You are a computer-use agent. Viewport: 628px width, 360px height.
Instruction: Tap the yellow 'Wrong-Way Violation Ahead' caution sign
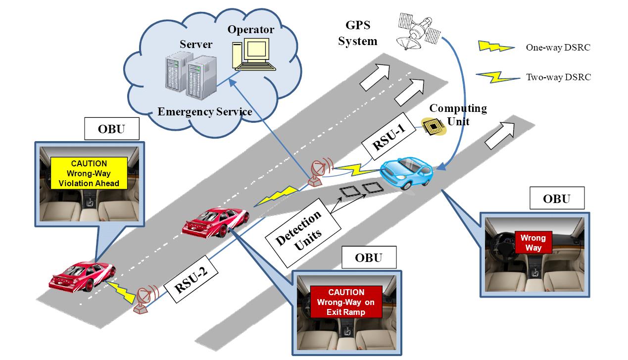click(x=89, y=173)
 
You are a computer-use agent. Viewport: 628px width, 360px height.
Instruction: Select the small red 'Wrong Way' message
click(x=532, y=243)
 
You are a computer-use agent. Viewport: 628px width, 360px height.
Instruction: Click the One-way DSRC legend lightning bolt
click(x=496, y=47)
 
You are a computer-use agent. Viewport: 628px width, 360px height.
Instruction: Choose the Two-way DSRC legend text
click(x=558, y=77)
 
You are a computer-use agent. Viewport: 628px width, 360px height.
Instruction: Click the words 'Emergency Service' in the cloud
click(x=205, y=112)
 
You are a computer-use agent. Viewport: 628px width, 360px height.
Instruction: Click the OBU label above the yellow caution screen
click(x=111, y=130)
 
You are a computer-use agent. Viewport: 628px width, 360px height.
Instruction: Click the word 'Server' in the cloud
click(x=196, y=45)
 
